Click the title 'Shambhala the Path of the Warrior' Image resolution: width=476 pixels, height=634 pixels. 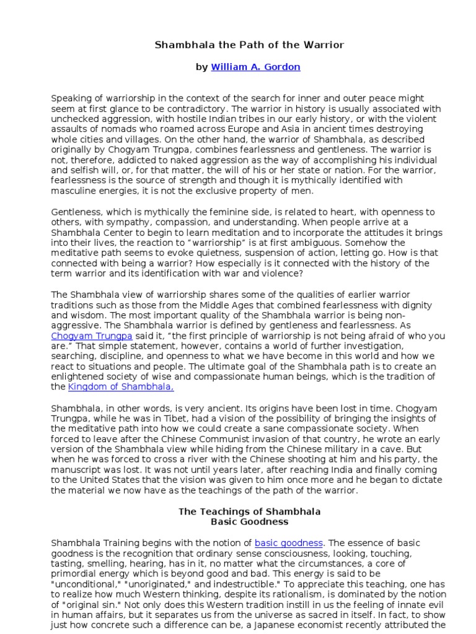[x=249, y=45]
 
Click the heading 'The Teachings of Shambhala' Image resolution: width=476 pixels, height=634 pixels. [x=249, y=512]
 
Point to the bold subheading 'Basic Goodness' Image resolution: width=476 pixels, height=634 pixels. [x=249, y=522]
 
